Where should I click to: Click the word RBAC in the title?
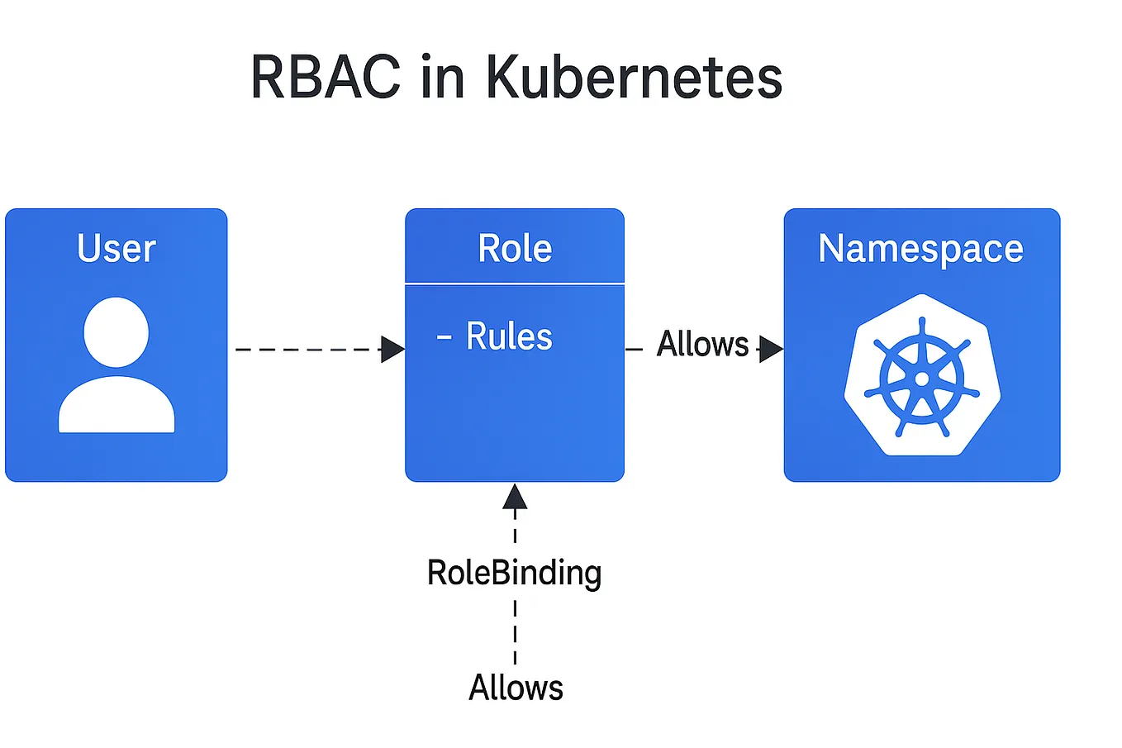(x=325, y=78)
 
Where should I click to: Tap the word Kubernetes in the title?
(x=633, y=78)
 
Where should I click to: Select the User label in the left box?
(x=116, y=248)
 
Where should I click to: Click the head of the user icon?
(x=116, y=331)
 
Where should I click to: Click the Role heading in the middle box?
(x=515, y=248)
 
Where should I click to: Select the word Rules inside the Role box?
(x=509, y=336)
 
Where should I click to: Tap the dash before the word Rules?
(x=445, y=337)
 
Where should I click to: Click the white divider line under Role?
(x=515, y=283)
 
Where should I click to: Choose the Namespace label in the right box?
(x=920, y=248)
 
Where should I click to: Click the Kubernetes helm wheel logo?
(x=922, y=376)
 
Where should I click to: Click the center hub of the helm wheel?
(x=922, y=379)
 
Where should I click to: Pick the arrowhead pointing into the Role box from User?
(x=392, y=350)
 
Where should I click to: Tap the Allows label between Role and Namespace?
(x=702, y=344)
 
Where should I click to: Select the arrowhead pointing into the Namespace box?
(x=770, y=350)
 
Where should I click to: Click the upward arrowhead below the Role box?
(x=515, y=496)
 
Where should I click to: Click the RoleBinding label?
(x=514, y=573)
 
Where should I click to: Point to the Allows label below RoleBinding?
(x=516, y=688)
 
